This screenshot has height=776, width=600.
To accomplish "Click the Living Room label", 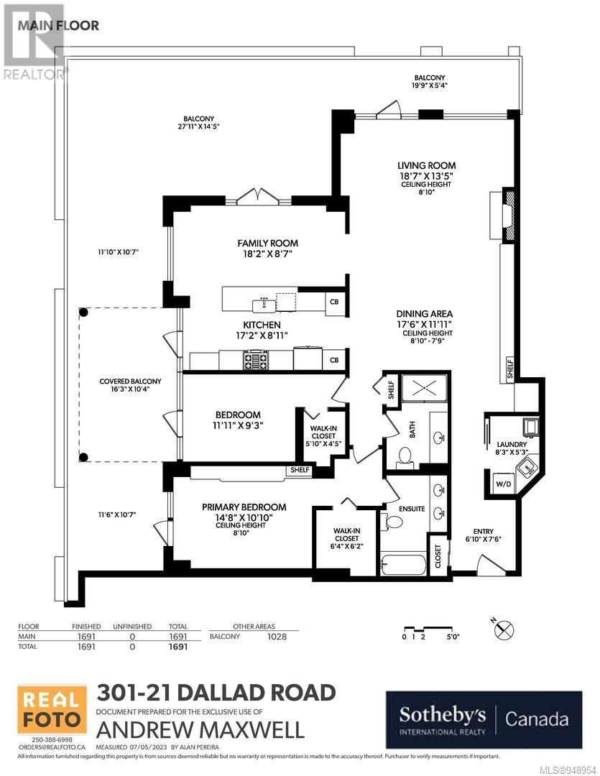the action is click(x=427, y=166).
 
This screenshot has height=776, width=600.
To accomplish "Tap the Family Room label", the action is click(x=267, y=243).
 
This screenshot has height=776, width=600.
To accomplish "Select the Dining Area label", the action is click(x=424, y=314).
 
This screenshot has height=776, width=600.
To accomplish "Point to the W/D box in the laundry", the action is click(x=504, y=484).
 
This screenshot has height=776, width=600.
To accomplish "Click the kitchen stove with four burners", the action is click(x=255, y=360).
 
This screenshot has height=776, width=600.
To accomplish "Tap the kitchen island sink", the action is click(x=264, y=305).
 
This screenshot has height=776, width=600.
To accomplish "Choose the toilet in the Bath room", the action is click(x=406, y=456).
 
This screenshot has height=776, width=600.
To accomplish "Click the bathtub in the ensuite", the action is click(x=403, y=564).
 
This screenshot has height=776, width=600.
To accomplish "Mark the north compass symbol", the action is click(x=504, y=629).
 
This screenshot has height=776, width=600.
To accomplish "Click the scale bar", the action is click(x=431, y=632).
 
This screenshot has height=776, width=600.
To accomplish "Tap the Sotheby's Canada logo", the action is click(x=484, y=719).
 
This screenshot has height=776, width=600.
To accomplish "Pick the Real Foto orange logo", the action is click(x=52, y=709).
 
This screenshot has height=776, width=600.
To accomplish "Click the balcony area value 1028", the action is click(x=277, y=637).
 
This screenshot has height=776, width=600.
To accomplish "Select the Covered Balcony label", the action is click(x=130, y=385).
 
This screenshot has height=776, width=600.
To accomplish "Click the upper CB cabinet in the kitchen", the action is click(x=334, y=301).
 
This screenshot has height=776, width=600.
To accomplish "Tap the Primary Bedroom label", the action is click(x=244, y=507).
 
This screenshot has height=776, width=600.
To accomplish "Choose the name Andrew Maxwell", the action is click(x=200, y=730).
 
